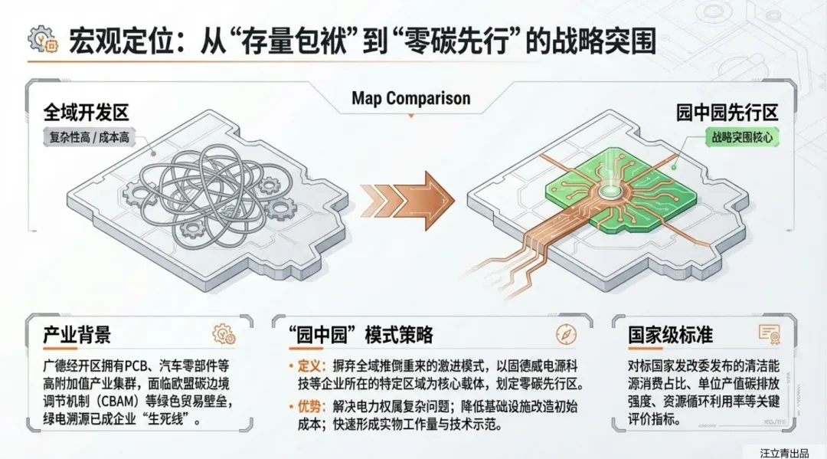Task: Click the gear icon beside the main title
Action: click(x=42, y=40)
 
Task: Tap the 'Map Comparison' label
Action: click(x=411, y=98)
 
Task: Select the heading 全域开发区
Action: click(x=86, y=113)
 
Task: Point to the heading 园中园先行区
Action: click(x=727, y=113)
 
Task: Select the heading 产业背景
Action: click(x=77, y=335)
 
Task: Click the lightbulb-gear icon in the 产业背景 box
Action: click(x=223, y=334)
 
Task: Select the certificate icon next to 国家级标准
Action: click(x=768, y=333)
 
